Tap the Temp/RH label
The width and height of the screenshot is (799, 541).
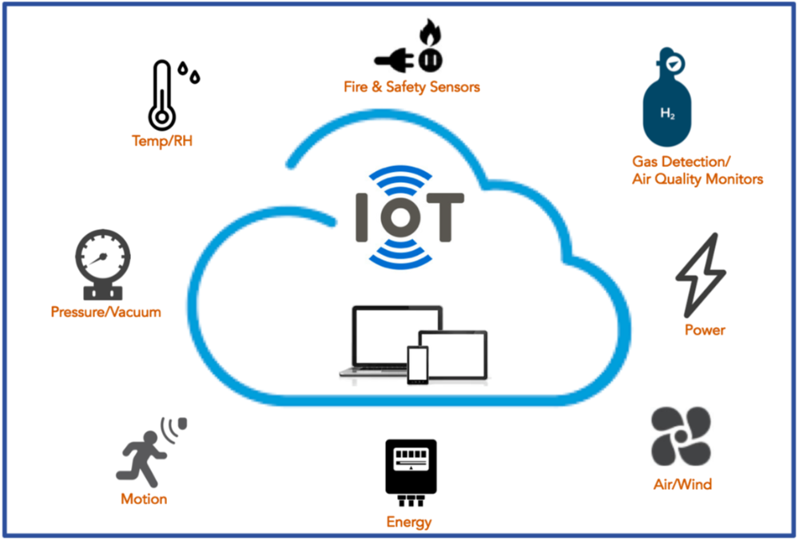coord(162,142)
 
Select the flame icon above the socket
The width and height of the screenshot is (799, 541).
coord(430,35)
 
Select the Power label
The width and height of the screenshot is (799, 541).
coord(705,329)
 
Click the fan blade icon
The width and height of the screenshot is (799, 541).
coord(681,436)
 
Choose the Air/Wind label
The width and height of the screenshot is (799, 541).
coord(682,483)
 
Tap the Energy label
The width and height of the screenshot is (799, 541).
coord(409,523)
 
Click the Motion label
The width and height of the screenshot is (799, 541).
coord(144,499)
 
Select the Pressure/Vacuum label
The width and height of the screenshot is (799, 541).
coord(105,312)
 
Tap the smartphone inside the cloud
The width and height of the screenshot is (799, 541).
coord(417,364)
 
